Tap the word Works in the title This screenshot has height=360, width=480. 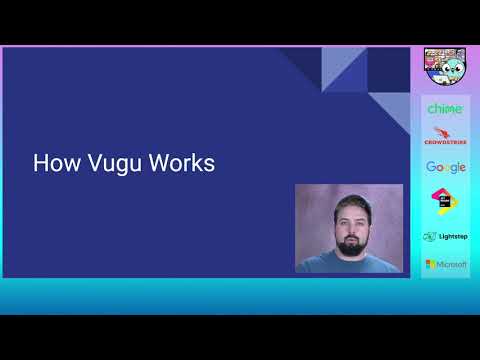tap(179, 164)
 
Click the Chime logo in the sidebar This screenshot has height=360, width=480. tap(445, 108)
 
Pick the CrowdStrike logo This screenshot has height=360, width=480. tap(445, 137)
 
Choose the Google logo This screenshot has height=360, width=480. tap(445, 167)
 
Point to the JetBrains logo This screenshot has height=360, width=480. tap(445, 200)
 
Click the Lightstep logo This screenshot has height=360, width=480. tap(445, 236)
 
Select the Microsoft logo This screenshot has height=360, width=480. tap(445, 264)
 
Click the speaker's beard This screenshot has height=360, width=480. tap(349, 243)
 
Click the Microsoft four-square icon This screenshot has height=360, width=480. tap(430, 264)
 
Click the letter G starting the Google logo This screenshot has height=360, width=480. tap(431, 167)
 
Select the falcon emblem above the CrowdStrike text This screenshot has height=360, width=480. tap(444, 131)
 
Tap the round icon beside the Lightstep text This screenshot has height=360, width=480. tap(429, 236)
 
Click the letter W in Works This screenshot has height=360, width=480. tap(155, 164)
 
